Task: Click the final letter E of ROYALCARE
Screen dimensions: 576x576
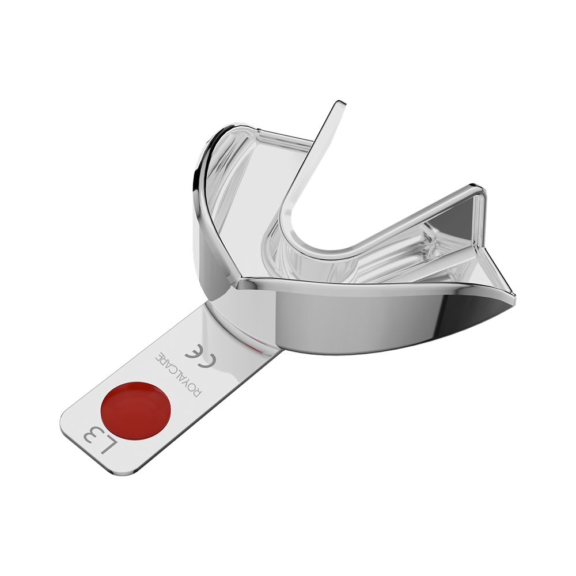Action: tap(158, 355)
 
